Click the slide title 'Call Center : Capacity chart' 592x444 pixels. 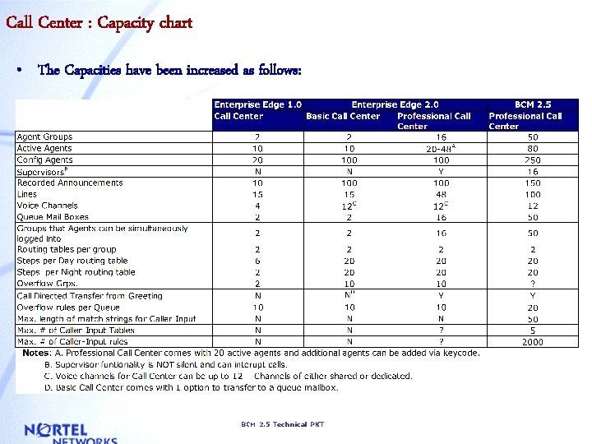(x=99, y=22)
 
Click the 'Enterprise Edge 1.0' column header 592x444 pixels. (x=257, y=104)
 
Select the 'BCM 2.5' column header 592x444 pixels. (x=533, y=104)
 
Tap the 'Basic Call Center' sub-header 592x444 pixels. (x=343, y=116)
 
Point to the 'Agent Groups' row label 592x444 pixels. (x=44, y=136)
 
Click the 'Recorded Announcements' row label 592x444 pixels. (x=70, y=183)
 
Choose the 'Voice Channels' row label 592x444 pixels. (x=47, y=206)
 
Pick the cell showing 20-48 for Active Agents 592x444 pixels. (x=442, y=149)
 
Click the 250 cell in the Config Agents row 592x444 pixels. (x=533, y=160)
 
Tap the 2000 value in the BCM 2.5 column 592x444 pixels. (x=533, y=341)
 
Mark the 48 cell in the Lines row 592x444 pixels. (x=442, y=194)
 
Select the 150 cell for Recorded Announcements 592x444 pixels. (x=533, y=183)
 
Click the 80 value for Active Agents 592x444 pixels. (x=533, y=149)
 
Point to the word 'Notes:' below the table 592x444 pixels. (x=36, y=353)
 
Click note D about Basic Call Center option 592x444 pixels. (x=191, y=386)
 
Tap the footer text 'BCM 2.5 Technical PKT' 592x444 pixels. (x=282, y=424)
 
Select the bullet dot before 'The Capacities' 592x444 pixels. (x=18, y=71)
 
